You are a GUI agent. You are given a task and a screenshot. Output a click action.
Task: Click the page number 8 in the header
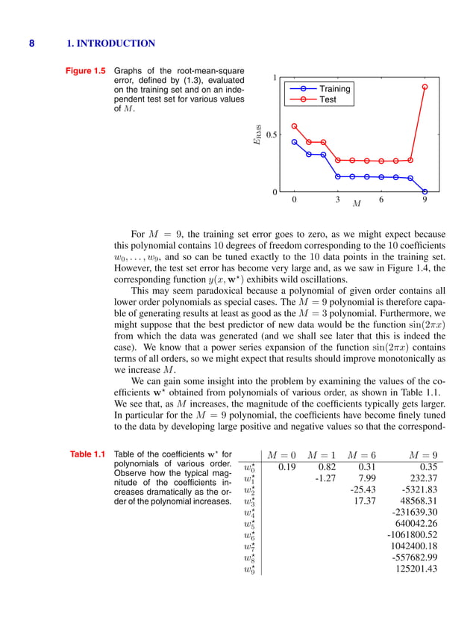point(31,44)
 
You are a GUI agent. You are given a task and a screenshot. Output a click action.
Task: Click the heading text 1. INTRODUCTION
point(110,44)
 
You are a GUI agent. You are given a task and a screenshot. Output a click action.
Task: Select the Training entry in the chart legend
point(334,88)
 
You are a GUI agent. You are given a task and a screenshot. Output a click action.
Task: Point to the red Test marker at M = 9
point(425,87)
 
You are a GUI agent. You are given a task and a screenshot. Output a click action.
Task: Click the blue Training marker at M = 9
point(425,191)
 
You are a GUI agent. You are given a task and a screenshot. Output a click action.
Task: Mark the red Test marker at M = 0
point(294,126)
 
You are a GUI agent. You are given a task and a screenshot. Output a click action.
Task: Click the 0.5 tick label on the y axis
point(272,135)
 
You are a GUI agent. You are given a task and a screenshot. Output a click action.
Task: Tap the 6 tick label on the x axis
point(381,200)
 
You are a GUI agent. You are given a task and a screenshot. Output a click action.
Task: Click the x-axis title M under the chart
point(357,204)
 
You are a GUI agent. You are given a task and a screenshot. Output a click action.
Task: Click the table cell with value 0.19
point(283,468)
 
